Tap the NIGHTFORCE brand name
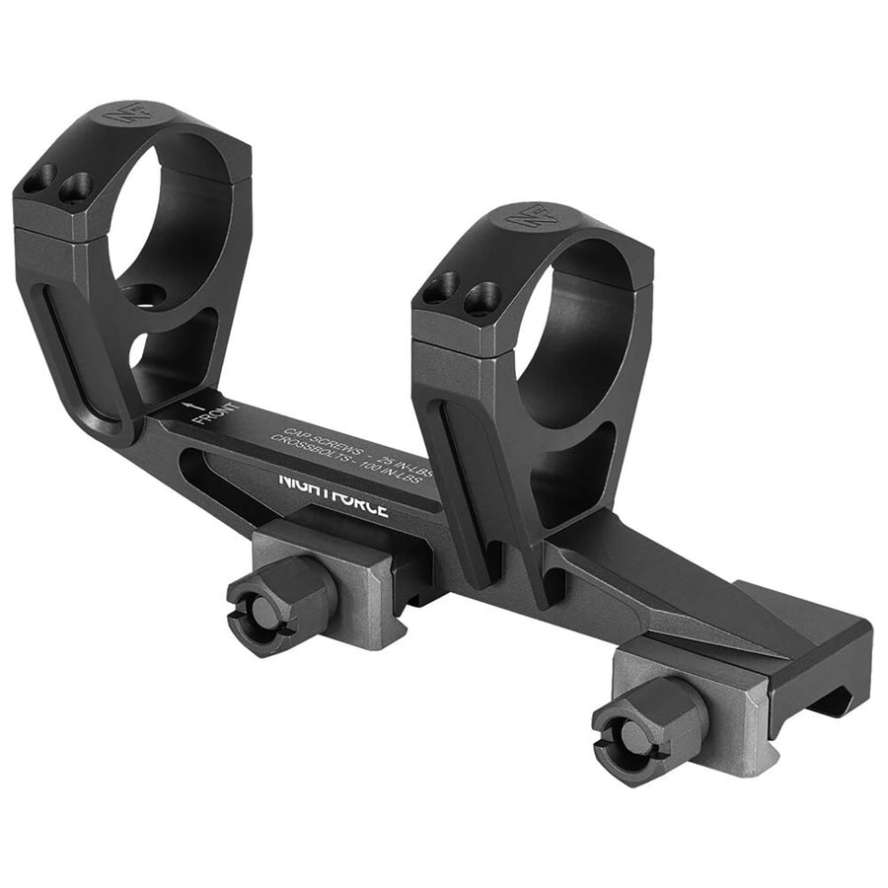333,494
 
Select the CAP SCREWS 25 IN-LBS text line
357,445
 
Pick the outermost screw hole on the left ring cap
37,181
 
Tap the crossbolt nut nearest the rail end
646,728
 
